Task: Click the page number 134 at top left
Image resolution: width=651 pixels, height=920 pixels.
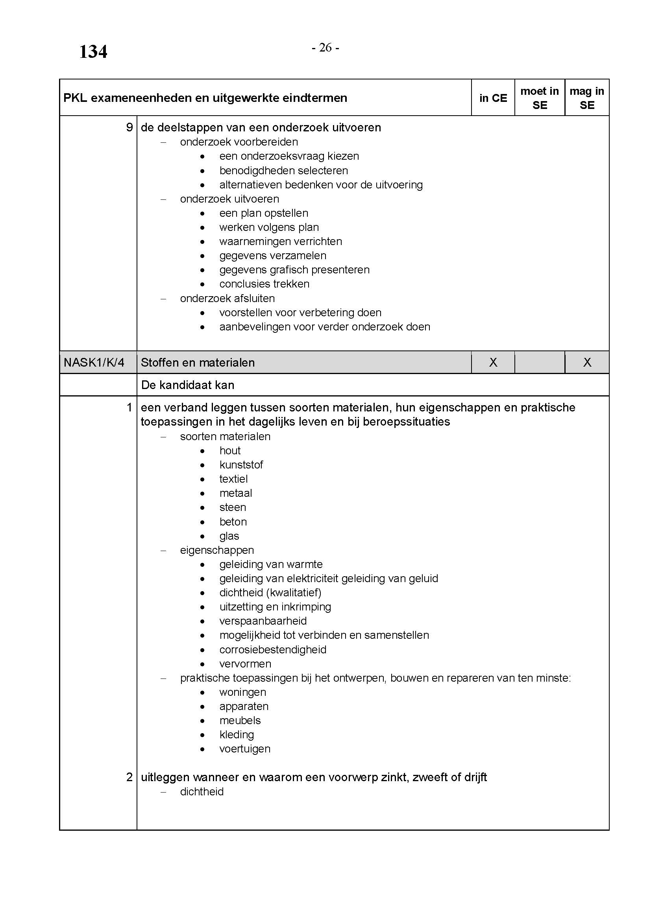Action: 93,52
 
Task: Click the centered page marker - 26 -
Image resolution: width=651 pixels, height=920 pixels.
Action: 325,48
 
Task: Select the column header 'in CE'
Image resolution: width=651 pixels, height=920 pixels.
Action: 493,98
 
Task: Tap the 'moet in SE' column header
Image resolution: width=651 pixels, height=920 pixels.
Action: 539,98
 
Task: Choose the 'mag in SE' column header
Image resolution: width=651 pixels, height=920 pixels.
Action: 586,98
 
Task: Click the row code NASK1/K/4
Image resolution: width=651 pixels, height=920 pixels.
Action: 94,363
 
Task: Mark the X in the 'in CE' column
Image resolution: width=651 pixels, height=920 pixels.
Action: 493,363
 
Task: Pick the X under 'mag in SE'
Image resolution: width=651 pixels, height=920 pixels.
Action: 587,363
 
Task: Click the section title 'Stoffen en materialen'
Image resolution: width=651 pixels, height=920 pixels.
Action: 198,363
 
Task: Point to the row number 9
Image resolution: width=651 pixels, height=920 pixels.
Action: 129,127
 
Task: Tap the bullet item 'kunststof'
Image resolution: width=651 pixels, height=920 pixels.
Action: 241,465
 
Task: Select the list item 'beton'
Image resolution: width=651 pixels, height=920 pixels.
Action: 233,522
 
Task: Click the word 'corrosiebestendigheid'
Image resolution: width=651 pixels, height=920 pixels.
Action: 273,649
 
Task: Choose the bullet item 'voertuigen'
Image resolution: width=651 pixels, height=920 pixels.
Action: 244,749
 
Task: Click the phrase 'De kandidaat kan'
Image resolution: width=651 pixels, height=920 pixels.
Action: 188,385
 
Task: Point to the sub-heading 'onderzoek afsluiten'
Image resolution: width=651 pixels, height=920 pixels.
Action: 227,299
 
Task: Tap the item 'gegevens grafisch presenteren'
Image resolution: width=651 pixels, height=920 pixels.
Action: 294,270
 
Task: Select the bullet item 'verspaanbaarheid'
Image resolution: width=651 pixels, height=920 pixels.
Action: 263,621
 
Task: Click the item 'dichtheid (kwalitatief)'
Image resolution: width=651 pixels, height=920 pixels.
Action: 270,593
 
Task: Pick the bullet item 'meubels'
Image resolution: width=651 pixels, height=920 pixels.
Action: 240,721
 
